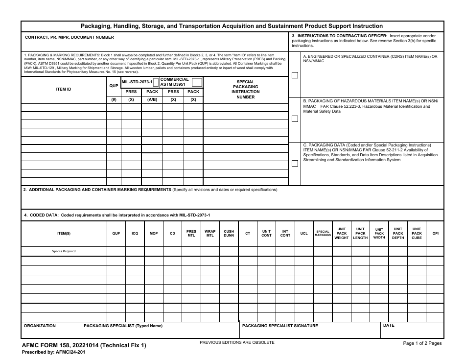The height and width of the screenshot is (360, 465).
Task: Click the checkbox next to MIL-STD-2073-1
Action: (156, 82)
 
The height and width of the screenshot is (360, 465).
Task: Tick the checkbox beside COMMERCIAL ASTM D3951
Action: (197, 82)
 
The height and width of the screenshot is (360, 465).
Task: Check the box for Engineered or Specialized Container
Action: (295, 75)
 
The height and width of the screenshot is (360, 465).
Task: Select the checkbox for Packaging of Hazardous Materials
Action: (295, 119)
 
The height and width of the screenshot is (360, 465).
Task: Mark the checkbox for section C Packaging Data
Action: (295, 164)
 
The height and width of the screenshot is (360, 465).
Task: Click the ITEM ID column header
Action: (63, 89)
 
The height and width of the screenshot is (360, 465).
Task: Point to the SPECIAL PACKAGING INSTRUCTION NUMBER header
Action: (245, 90)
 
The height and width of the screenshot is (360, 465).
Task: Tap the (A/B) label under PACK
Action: (152, 99)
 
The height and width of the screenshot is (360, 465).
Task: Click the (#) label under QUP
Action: (114, 99)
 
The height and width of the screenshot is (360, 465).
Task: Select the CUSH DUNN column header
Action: (229, 234)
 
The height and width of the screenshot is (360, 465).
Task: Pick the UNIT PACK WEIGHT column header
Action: (342, 234)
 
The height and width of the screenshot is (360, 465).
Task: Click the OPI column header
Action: (435, 234)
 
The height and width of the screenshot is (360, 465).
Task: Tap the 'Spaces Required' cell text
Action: (64, 251)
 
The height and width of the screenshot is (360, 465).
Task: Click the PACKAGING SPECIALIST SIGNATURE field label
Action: (280, 326)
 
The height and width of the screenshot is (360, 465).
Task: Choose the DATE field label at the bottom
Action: (389, 326)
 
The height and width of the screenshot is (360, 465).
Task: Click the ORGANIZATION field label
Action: (40, 326)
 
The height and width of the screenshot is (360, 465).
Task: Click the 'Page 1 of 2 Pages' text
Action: (422, 343)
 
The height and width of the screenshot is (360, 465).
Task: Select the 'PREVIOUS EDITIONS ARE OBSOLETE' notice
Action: (237, 342)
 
